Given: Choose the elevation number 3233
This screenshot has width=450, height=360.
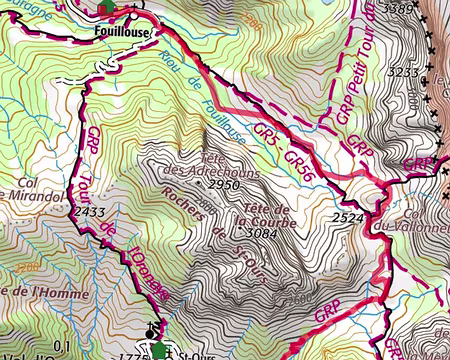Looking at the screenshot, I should (409, 72).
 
